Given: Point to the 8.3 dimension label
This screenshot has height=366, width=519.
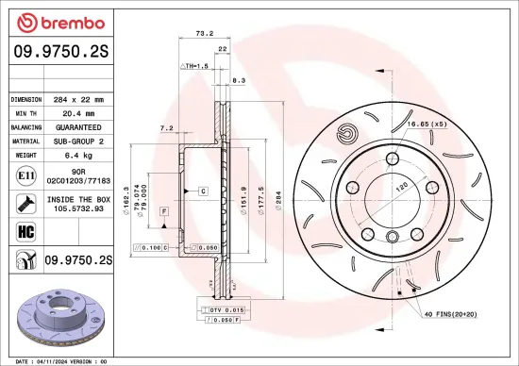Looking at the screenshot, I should pyautogui.click(x=239, y=81).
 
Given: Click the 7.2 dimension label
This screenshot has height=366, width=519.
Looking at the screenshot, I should pyautogui.click(x=166, y=126).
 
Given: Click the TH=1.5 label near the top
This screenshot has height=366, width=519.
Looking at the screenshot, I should pyautogui.click(x=195, y=67).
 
